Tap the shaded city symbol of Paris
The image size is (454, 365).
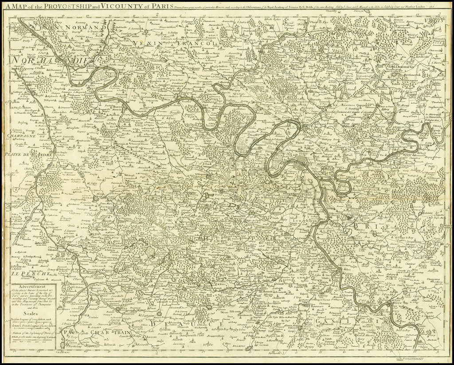click(x=305, y=160)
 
